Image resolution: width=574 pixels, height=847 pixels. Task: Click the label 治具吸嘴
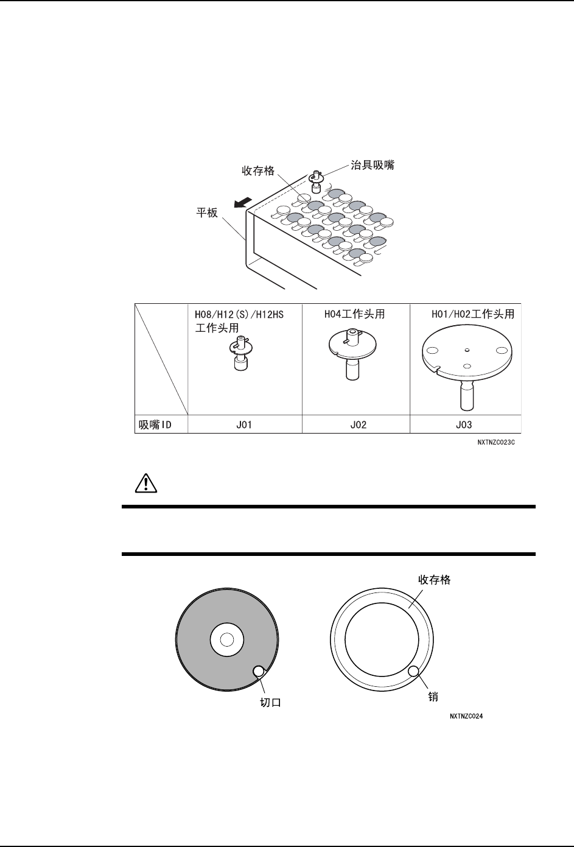pos(372,165)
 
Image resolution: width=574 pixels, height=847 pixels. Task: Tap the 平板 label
pos(206,214)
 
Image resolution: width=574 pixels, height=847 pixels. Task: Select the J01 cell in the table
pos(244,425)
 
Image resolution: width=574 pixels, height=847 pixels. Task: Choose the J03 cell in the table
pos(466,425)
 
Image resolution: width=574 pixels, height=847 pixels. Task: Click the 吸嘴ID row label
pos(153,425)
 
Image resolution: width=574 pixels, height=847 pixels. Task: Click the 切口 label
pos(270,702)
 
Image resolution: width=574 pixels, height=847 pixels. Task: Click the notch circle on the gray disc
pos(258,672)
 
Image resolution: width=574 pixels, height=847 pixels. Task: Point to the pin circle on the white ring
pos(414,672)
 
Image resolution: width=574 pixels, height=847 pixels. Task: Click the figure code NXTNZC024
pos(467,717)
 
